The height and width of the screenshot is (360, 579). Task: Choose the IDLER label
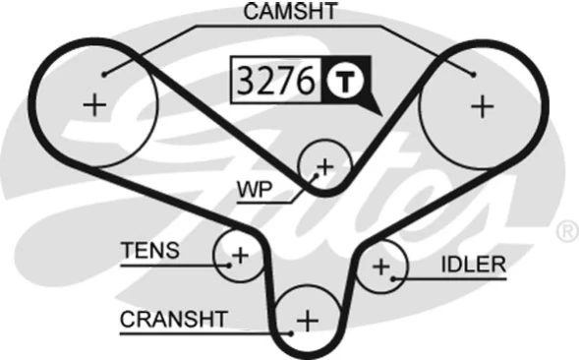(x=473, y=264)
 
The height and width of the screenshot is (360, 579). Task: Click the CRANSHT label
(x=173, y=319)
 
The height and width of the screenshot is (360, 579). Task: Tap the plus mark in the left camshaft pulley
(x=94, y=104)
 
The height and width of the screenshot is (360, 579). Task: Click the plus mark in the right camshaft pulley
(x=482, y=106)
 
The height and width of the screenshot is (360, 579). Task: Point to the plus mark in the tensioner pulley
(x=239, y=256)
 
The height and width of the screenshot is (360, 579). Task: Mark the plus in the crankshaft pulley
(x=309, y=320)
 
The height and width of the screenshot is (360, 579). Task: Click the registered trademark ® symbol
(x=567, y=232)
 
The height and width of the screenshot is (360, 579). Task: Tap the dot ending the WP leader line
(x=316, y=173)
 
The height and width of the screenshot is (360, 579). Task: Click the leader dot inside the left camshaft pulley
(x=102, y=72)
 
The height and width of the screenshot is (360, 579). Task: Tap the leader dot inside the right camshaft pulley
(x=474, y=73)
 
